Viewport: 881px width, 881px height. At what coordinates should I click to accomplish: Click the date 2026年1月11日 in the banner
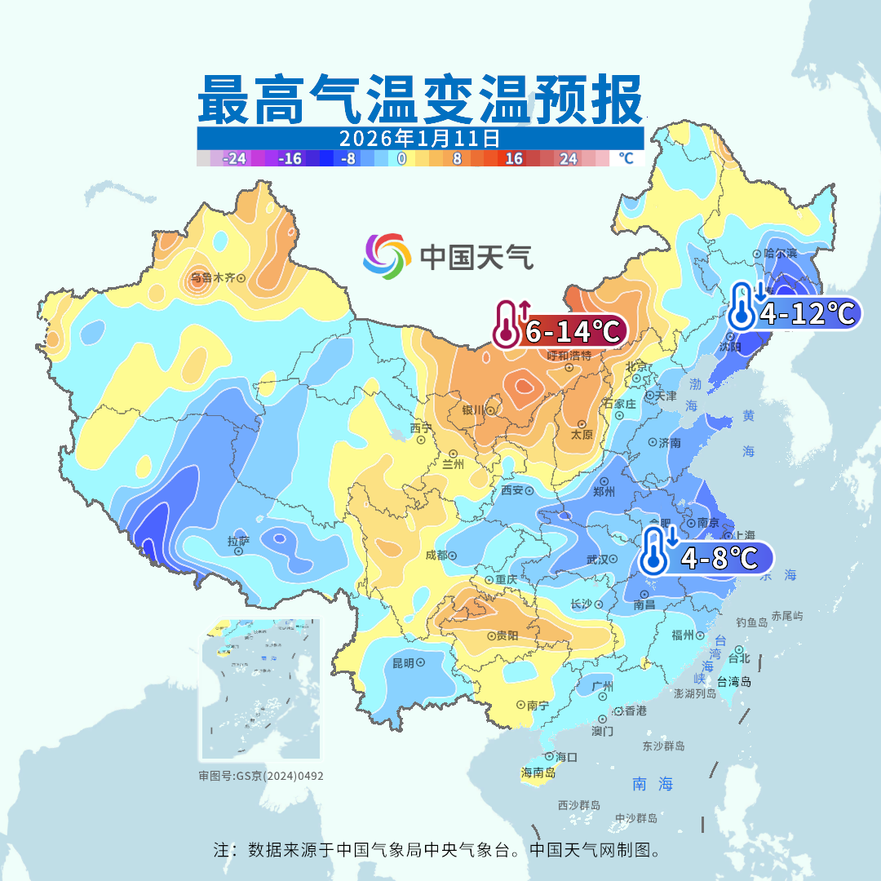click(419, 137)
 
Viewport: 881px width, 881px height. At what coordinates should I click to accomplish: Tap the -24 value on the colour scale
click(236, 159)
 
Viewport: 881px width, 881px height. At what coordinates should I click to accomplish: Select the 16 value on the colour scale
click(514, 159)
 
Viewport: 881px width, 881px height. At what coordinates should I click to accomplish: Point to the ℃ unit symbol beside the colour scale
click(626, 159)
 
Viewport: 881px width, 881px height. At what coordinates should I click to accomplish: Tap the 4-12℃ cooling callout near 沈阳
click(795, 312)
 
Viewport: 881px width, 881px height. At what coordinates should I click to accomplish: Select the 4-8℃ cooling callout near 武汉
click(706, 558)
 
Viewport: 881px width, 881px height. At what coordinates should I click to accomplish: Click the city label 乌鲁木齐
click(213, 278)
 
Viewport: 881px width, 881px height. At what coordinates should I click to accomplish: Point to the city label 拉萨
click(238, 540)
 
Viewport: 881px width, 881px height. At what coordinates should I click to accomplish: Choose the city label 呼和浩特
click(569, 356)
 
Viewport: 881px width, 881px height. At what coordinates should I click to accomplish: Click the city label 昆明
click(403, 663)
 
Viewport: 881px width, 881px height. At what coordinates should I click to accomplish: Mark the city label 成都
click(436, 556)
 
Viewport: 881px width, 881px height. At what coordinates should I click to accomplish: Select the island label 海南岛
click(538, 773)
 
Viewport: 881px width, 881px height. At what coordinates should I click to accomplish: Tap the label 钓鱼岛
click(751, 622)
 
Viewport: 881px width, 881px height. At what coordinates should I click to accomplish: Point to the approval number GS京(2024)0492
click(261, 776)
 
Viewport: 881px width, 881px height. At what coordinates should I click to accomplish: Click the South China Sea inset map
click(261, 689)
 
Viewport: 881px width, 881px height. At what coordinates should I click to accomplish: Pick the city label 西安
click(512, 491)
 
